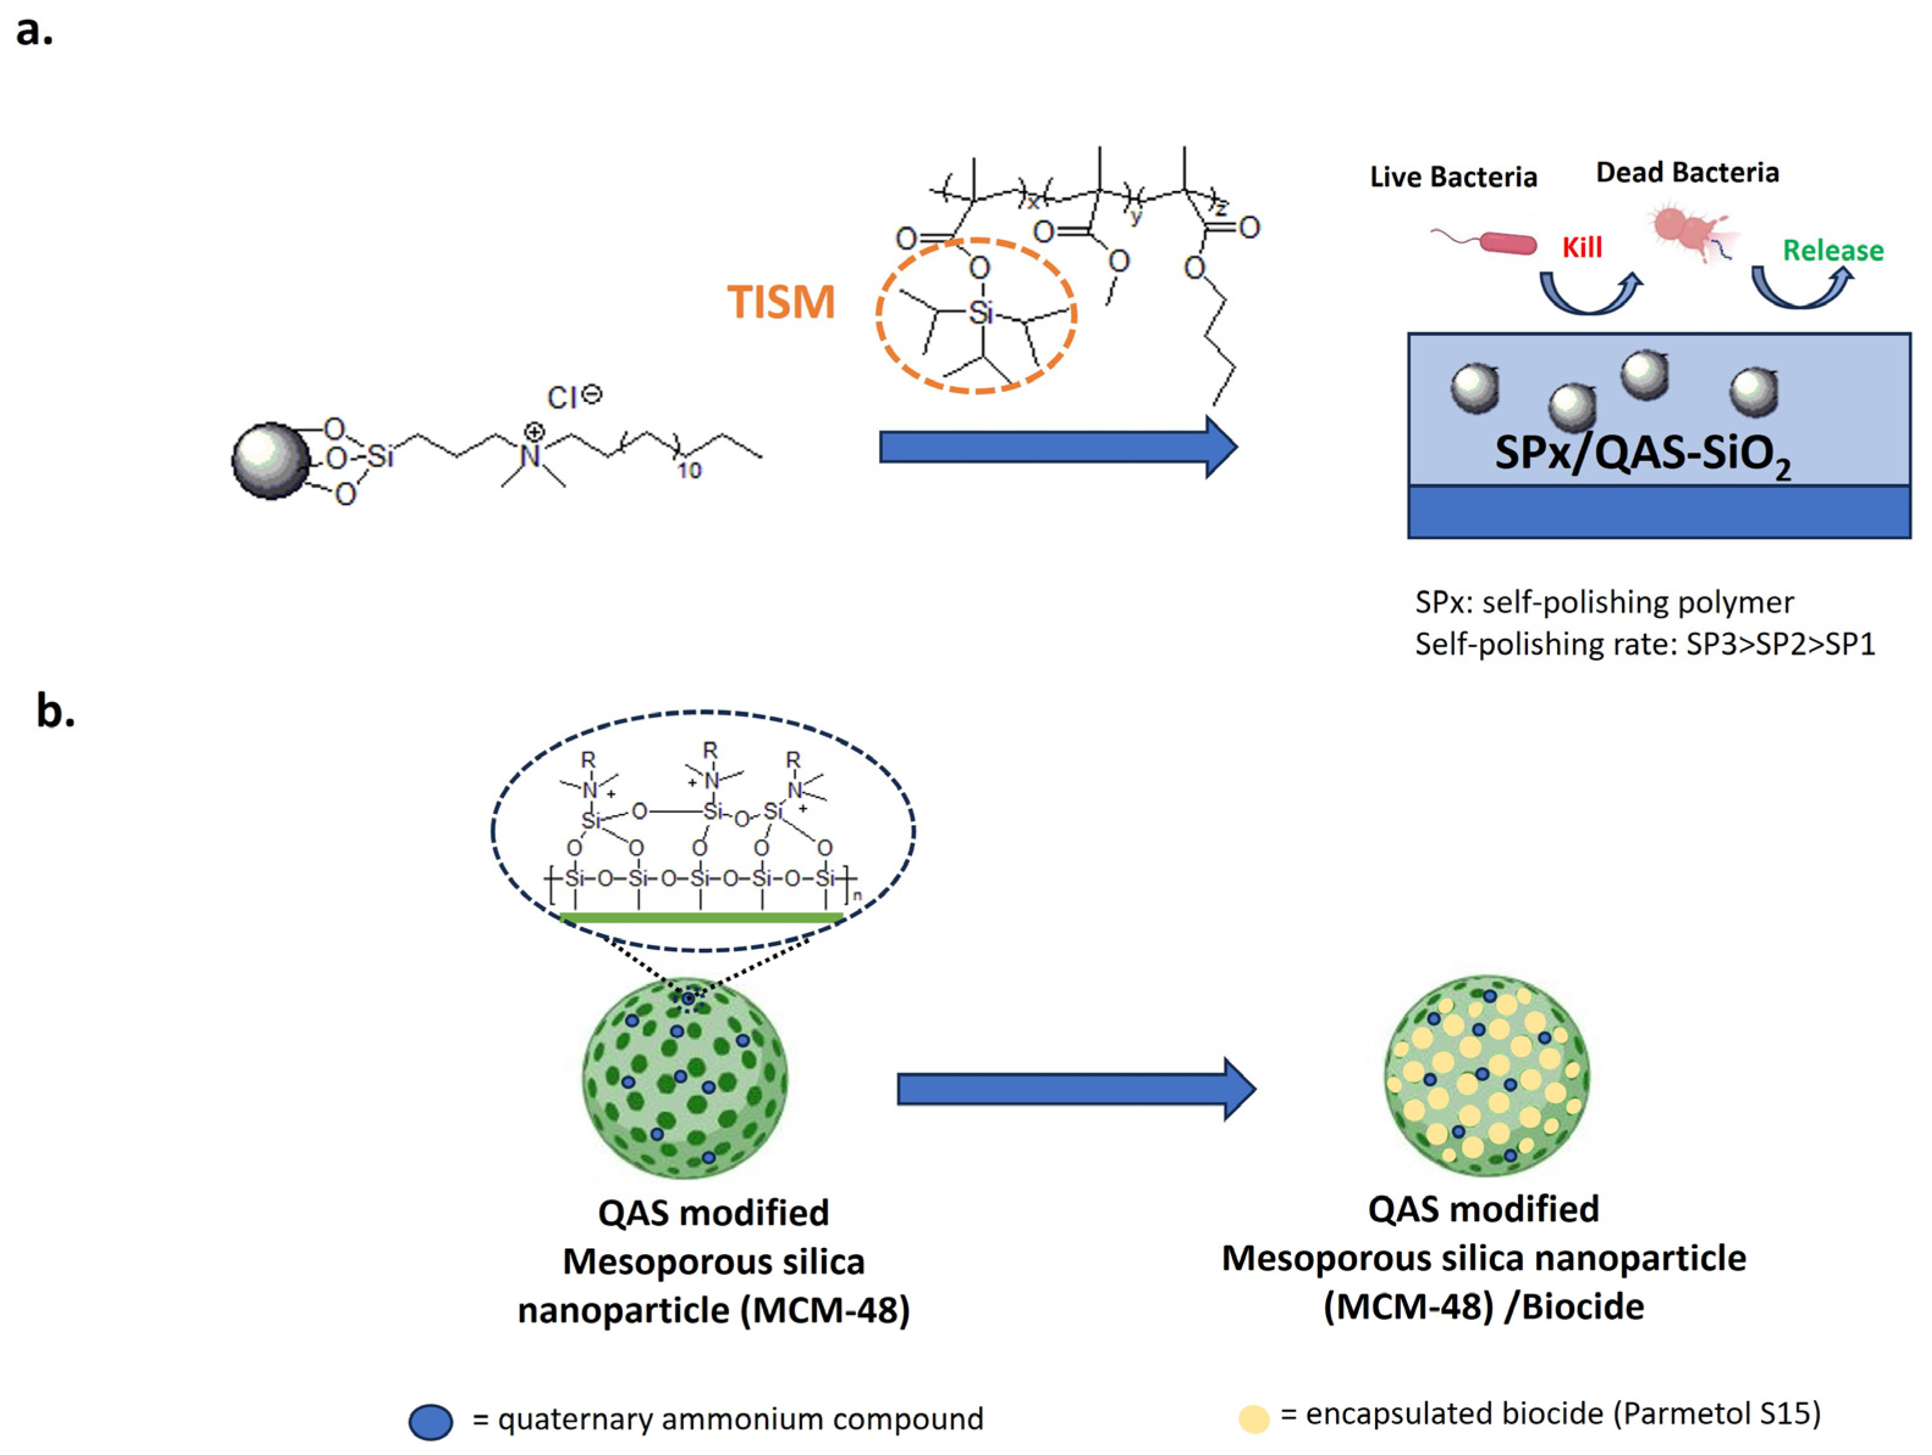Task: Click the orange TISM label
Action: (781, 302)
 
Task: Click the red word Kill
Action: (1582, 248)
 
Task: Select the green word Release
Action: (1832, 251)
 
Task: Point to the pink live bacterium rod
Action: (1508, 243)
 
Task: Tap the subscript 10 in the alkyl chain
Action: (689, 471)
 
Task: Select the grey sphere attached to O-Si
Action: (270, 460)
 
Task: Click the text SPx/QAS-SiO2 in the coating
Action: (1642, 454)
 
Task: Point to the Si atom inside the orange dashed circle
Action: (981, 313)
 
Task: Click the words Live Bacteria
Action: (1453, 177)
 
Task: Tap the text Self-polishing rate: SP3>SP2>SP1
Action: (1644, 645)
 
